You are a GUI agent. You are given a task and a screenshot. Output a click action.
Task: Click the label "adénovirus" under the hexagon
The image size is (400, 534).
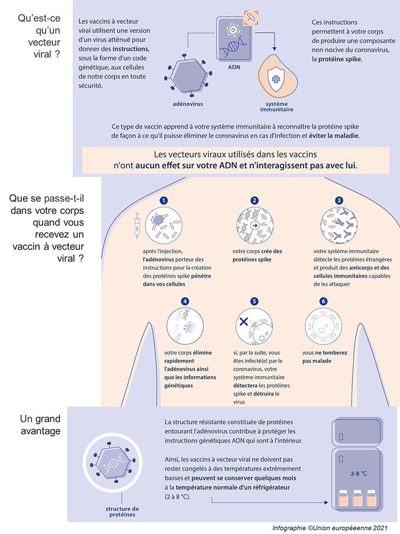188,104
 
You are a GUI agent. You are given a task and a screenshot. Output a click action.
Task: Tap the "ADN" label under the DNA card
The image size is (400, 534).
234,68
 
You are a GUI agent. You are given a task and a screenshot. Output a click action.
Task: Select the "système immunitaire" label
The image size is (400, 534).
276,107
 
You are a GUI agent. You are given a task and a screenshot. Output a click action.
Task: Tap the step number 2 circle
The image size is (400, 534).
254,201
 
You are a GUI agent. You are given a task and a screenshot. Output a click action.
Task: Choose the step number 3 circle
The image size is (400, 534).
339,201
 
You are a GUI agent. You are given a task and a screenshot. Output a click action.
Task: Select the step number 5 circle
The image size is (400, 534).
254,301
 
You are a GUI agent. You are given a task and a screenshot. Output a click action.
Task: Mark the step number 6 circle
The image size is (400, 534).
323,301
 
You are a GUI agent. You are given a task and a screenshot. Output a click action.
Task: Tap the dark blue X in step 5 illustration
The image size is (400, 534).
244,322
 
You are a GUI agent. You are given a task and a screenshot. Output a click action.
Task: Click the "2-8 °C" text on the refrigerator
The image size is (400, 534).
359,473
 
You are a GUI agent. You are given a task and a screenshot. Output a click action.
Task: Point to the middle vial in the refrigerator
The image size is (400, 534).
359,500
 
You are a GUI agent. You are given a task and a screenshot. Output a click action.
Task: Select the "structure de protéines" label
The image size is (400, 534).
122,511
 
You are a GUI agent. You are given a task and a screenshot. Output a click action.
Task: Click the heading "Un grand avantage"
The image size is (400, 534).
41,425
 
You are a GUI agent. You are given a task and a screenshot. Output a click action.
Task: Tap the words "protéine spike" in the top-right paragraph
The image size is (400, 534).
340,59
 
